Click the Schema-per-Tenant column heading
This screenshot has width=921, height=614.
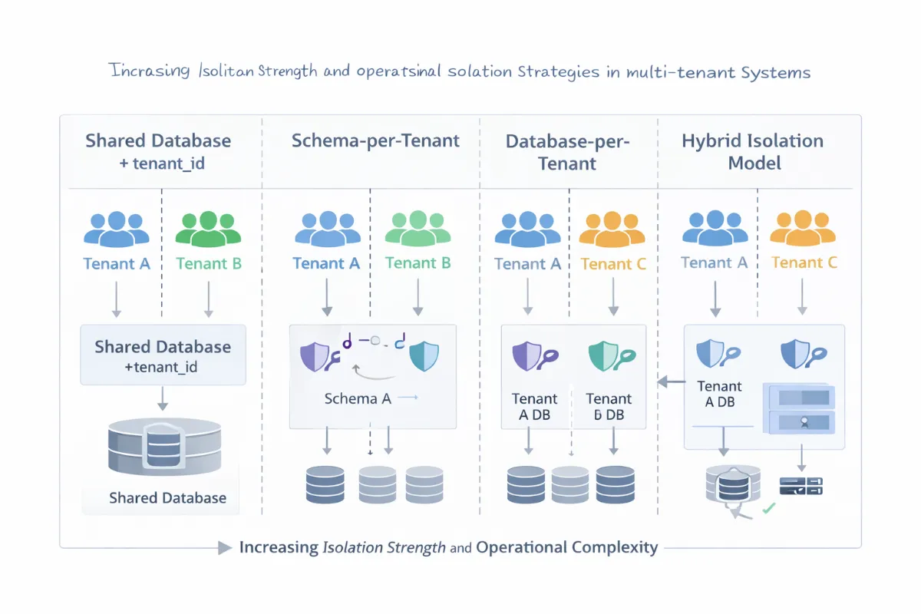pos(375,140)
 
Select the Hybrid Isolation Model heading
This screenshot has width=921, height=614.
pos(753,152)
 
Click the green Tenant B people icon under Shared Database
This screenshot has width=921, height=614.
pos(209,228)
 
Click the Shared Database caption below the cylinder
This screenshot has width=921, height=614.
pos(167,498)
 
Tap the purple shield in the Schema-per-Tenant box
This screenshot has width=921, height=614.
pos(314,357)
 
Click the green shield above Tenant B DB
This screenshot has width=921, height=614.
pos(602,355)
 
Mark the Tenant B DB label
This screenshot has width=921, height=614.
pos(609,407)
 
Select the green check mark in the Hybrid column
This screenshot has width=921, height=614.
pos(767,507)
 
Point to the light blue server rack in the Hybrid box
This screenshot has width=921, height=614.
pos(801,409)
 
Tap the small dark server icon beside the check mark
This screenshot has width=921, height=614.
pos(801,485)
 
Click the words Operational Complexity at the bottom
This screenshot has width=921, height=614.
pos(567,548)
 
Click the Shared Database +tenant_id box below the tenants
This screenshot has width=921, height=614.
pos(163,355)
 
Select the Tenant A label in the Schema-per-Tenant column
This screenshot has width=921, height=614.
pos(326,263)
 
